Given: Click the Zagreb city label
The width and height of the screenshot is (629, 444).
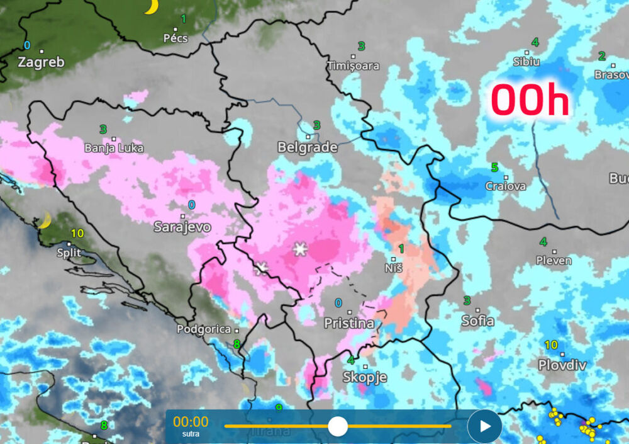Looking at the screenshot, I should click(x=41, y=62).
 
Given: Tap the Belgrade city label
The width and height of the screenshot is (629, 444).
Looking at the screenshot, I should click(x=308, y=147).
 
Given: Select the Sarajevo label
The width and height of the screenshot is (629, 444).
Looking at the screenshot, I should click(x=182, y=227).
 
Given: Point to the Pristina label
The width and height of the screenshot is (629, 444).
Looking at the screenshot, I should click(x=348, y=324).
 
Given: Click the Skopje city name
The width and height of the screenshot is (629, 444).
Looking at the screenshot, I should click(x=364, y=377).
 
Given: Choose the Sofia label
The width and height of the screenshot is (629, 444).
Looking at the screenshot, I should click(x=478, y=321).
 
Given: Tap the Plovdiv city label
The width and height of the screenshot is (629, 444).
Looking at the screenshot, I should click(x=562, y=365).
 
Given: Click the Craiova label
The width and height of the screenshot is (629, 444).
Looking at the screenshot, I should click(x=506, y=186).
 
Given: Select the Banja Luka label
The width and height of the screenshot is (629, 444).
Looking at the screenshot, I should click(x=114, y=149).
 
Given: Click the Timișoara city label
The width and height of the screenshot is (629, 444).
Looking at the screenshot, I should click(x=353, y=66).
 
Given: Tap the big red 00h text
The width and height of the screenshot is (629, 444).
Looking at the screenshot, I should click(x=530, y=101).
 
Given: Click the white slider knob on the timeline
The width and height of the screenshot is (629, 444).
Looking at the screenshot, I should click(x=338, y=426).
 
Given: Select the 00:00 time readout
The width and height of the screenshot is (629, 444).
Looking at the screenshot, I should click(x=191, y=422).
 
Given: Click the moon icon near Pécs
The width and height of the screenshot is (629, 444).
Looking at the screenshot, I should click(x=151, y=7).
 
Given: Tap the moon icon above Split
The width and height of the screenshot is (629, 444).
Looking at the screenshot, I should click(x=44, y=220).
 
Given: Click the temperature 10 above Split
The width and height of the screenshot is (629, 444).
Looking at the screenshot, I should click(x=77, y=233).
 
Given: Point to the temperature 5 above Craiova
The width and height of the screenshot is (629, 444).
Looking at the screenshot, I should click(x=494, y=168).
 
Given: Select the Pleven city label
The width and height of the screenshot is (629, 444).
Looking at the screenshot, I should click(x=554, y=260).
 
